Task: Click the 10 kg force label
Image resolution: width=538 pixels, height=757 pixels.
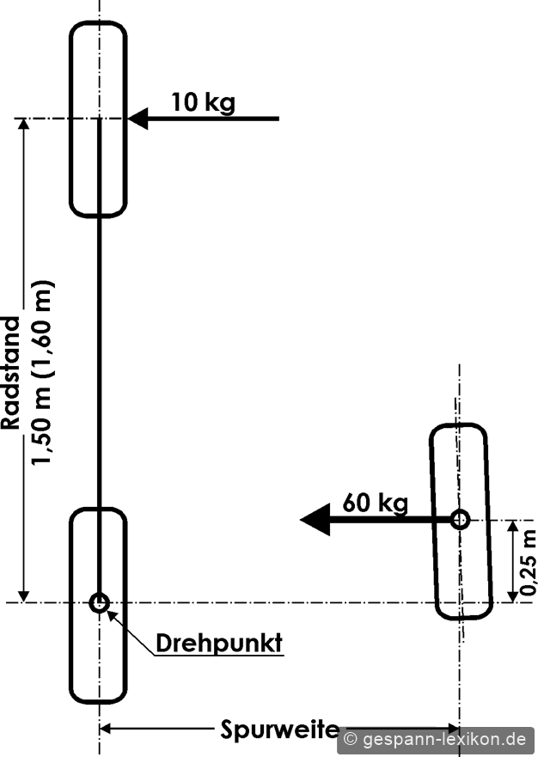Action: tap(204, 103)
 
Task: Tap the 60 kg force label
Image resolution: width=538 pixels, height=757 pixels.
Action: tap(376, 503)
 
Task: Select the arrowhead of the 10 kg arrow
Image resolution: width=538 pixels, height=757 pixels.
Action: tap(138, 119)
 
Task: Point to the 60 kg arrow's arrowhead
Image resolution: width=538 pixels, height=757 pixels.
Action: tap(315, 520)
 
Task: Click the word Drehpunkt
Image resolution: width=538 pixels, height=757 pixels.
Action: tap(219, 643)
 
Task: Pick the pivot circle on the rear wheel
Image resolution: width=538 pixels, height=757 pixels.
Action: tap(100, 602)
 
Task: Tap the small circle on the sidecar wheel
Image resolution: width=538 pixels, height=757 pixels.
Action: tap(460, 520)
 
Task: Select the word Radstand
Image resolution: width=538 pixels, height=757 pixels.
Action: tap(11, 373)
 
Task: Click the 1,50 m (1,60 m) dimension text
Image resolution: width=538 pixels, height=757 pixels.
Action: tap(42, 373)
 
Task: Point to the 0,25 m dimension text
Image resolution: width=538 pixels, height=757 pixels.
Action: tap(528, 562)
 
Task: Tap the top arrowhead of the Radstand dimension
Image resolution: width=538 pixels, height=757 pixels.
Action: tap(23, 124)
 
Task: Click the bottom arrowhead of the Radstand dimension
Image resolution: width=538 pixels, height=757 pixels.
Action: tap(23, 596)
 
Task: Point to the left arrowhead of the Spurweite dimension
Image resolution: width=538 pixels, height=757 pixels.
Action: tap(105, 728)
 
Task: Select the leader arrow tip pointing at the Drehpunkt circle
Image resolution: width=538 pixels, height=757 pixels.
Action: tap(108, 611)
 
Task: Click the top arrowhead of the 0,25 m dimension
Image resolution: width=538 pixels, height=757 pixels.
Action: tap(513, 526)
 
